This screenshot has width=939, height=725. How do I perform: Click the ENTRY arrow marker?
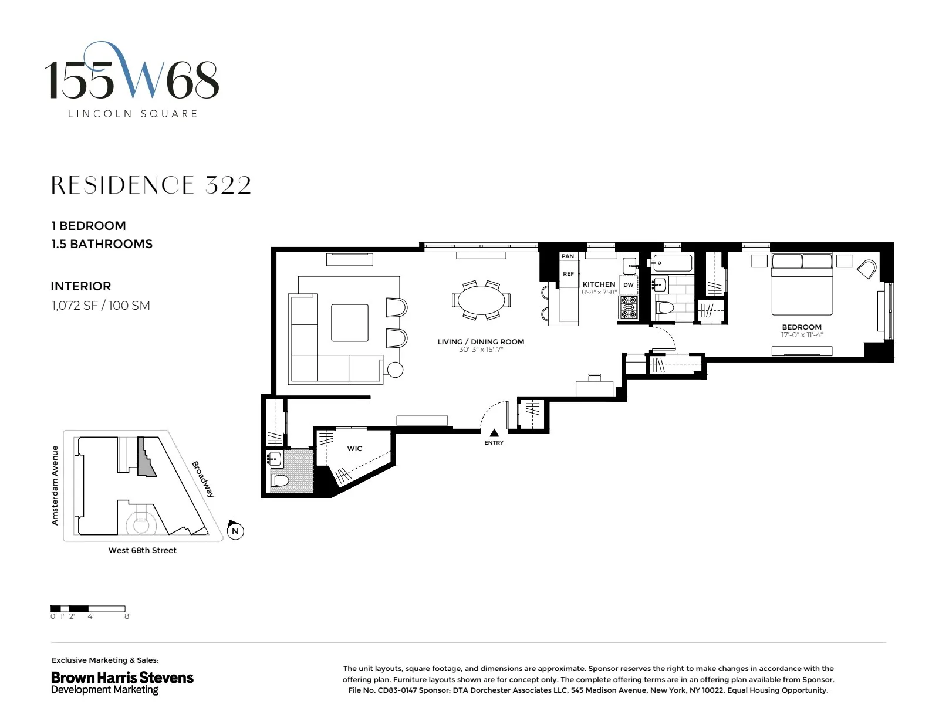click(x=494, y=433)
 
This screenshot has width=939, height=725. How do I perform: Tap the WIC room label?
click(x=354, y=449)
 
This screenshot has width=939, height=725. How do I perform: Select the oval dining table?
click(x=481, y=300)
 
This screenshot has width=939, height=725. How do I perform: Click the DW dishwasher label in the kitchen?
click(x=629, y=285)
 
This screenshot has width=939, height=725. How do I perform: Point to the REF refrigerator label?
click(x=568, y=274)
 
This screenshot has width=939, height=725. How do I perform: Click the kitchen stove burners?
click(x=629, y=307)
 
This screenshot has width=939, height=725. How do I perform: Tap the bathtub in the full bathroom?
click(x=671, y=263)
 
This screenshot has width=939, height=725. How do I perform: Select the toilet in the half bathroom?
click(x=280, y=481)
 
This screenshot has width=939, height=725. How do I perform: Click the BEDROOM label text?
click(x=801, y=327)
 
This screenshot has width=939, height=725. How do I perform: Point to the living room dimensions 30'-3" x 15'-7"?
click(x=481, y=350)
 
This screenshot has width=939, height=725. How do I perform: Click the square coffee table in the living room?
click(x=350, y=323)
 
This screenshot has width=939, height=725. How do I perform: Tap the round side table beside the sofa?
click(x=396, y=370)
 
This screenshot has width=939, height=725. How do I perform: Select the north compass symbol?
click(x=235, y=531)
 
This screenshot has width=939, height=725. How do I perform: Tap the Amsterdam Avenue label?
click(x=55, y=485)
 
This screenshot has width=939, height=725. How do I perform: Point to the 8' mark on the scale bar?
click(x=127, y=616)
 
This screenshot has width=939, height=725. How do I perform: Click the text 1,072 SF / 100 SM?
click(x=100, y=306)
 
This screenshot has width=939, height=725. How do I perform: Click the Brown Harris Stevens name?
click(x=122, y=677)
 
